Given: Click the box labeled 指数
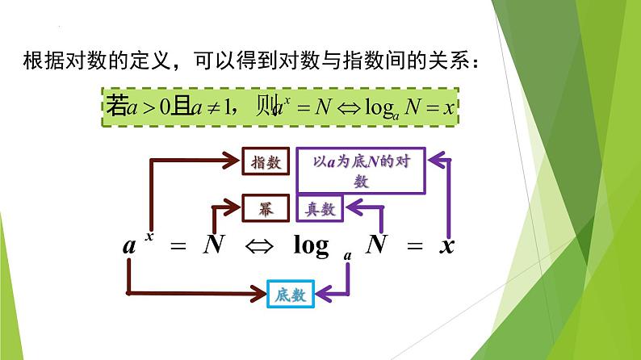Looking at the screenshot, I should (x=266, y=162).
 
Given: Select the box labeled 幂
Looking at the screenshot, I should (x=266, y=208).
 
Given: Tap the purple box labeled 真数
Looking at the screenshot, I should (x=320, y=208).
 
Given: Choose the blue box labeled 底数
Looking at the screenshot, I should (x=289, y=295).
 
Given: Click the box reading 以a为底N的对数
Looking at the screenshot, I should (x=360, y=171).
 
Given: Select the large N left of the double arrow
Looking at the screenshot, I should (x=213, y=245).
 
